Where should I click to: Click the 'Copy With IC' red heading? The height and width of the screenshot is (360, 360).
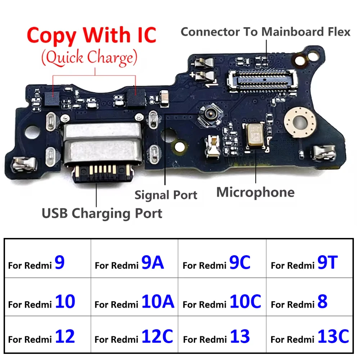point(91,35)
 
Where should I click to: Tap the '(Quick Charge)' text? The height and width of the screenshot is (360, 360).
point(90,58)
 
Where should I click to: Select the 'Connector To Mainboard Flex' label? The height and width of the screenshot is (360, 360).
point(265,32)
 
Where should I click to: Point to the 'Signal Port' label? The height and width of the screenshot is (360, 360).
point(166,195)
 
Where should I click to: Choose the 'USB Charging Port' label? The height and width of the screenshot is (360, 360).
point(102,213)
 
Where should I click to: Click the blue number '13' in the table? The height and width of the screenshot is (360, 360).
point(240,337)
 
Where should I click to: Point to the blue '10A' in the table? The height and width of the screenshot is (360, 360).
point(158,301)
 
